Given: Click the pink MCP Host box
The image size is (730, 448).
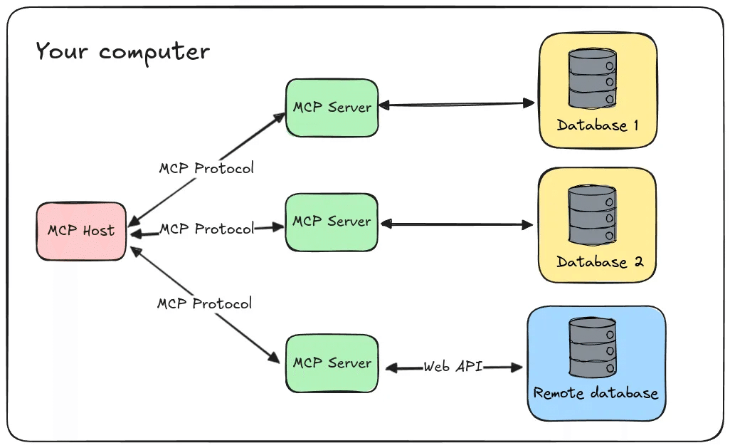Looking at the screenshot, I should click(x=81, y=231).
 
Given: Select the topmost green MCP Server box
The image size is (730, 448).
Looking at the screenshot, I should click(x=332, y=108).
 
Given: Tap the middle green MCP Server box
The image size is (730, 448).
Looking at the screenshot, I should click(x=332, y=222).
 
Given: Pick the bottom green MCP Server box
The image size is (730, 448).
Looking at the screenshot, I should click(x=332, y=363).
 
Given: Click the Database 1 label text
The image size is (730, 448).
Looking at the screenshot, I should click(x=598, y=126).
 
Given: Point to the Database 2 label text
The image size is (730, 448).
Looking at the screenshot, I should click(x=600, y=262).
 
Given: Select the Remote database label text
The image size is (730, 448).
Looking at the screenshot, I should click(x=596, y=393).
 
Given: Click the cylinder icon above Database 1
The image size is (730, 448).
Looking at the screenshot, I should click(x=591, y=78).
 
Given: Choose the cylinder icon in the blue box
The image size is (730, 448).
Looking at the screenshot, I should click(x=591, y=348).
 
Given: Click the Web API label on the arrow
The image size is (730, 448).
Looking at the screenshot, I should click(x=453, y=367).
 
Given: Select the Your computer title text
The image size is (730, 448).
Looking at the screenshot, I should click(x=122, y=52).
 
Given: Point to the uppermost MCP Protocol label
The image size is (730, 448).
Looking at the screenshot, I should click(x=206, y=169).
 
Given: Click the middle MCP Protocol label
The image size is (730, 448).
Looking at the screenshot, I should click(x=206, y=229).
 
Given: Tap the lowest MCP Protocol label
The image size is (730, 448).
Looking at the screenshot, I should click(x=204, y=303).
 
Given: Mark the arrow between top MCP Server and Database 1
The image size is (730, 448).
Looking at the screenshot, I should click(x=455, y=105).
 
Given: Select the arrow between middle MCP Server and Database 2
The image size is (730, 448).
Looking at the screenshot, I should click(x=455, y=225).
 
